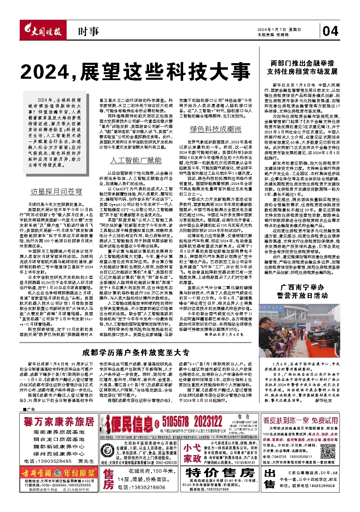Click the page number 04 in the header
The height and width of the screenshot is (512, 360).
(330, 31)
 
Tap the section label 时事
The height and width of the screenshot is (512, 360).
(88, 32)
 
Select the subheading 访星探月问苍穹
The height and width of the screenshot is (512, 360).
(56, 191)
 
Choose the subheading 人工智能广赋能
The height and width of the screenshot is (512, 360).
(136, 160)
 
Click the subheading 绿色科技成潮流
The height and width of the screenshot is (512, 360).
(215, 129)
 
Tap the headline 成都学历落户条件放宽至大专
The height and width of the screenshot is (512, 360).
(136, 352)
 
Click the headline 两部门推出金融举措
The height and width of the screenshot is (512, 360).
(302, 63)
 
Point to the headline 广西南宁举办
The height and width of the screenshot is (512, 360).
(302, 287)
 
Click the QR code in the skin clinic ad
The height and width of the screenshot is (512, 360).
(327, 451)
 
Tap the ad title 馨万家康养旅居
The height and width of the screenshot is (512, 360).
(59, 422)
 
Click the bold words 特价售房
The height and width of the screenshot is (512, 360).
(220, 472)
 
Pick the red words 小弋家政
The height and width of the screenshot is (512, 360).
(192, 453)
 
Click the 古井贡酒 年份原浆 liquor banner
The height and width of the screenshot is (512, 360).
(59, 473)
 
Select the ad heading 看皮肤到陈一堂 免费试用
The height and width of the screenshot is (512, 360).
(300, 420)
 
